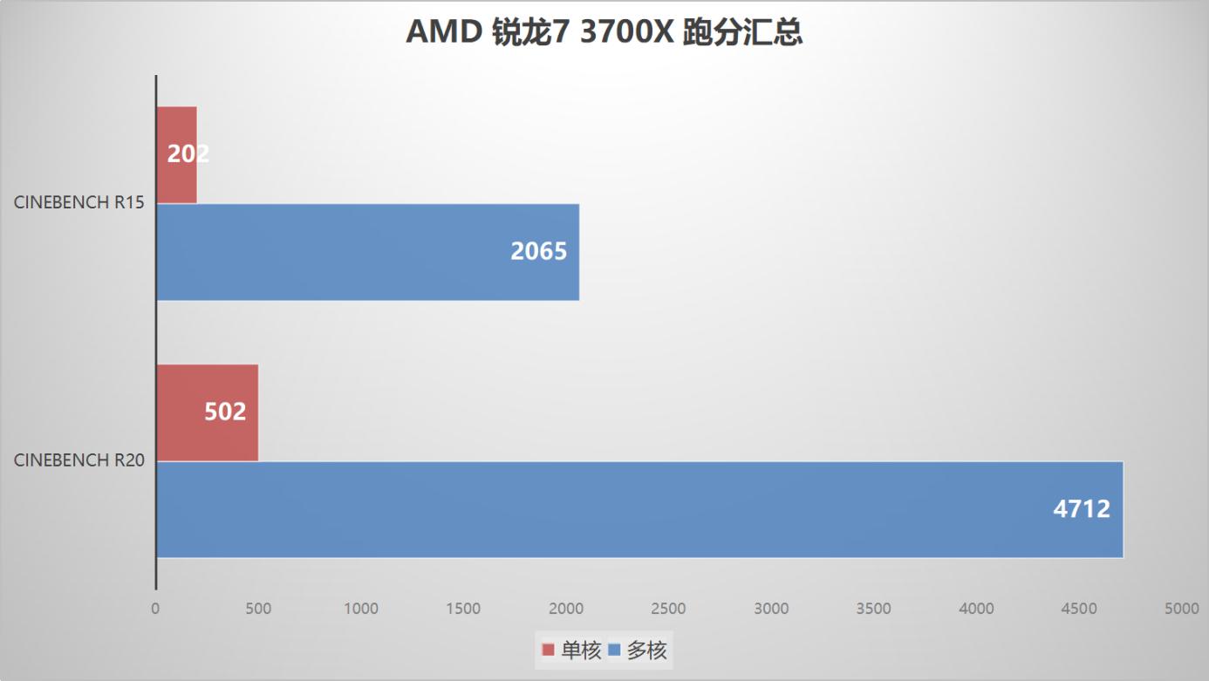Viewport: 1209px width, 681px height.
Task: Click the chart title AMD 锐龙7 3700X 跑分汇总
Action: [604, 33]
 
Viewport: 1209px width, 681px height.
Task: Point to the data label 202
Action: [188, 154]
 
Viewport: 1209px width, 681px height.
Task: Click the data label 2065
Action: [538, 252]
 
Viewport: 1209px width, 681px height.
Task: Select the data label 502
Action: [225, 412]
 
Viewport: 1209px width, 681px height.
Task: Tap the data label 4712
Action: [1082, 509]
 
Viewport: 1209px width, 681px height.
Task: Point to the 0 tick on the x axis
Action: [156, 609]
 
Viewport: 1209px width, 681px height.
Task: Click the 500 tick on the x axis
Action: [258, 609]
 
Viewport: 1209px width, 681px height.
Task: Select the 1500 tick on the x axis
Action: [463, 609]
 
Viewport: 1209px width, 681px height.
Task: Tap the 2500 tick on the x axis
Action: [669, 609]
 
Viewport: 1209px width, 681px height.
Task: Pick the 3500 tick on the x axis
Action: [874, 609]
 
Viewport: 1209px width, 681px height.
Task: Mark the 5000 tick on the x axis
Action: [1182, 609]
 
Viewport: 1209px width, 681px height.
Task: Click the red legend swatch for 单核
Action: [548, 650]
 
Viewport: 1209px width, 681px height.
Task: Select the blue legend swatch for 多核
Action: [614, 650]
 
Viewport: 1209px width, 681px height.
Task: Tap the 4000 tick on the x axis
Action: [976, 609]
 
